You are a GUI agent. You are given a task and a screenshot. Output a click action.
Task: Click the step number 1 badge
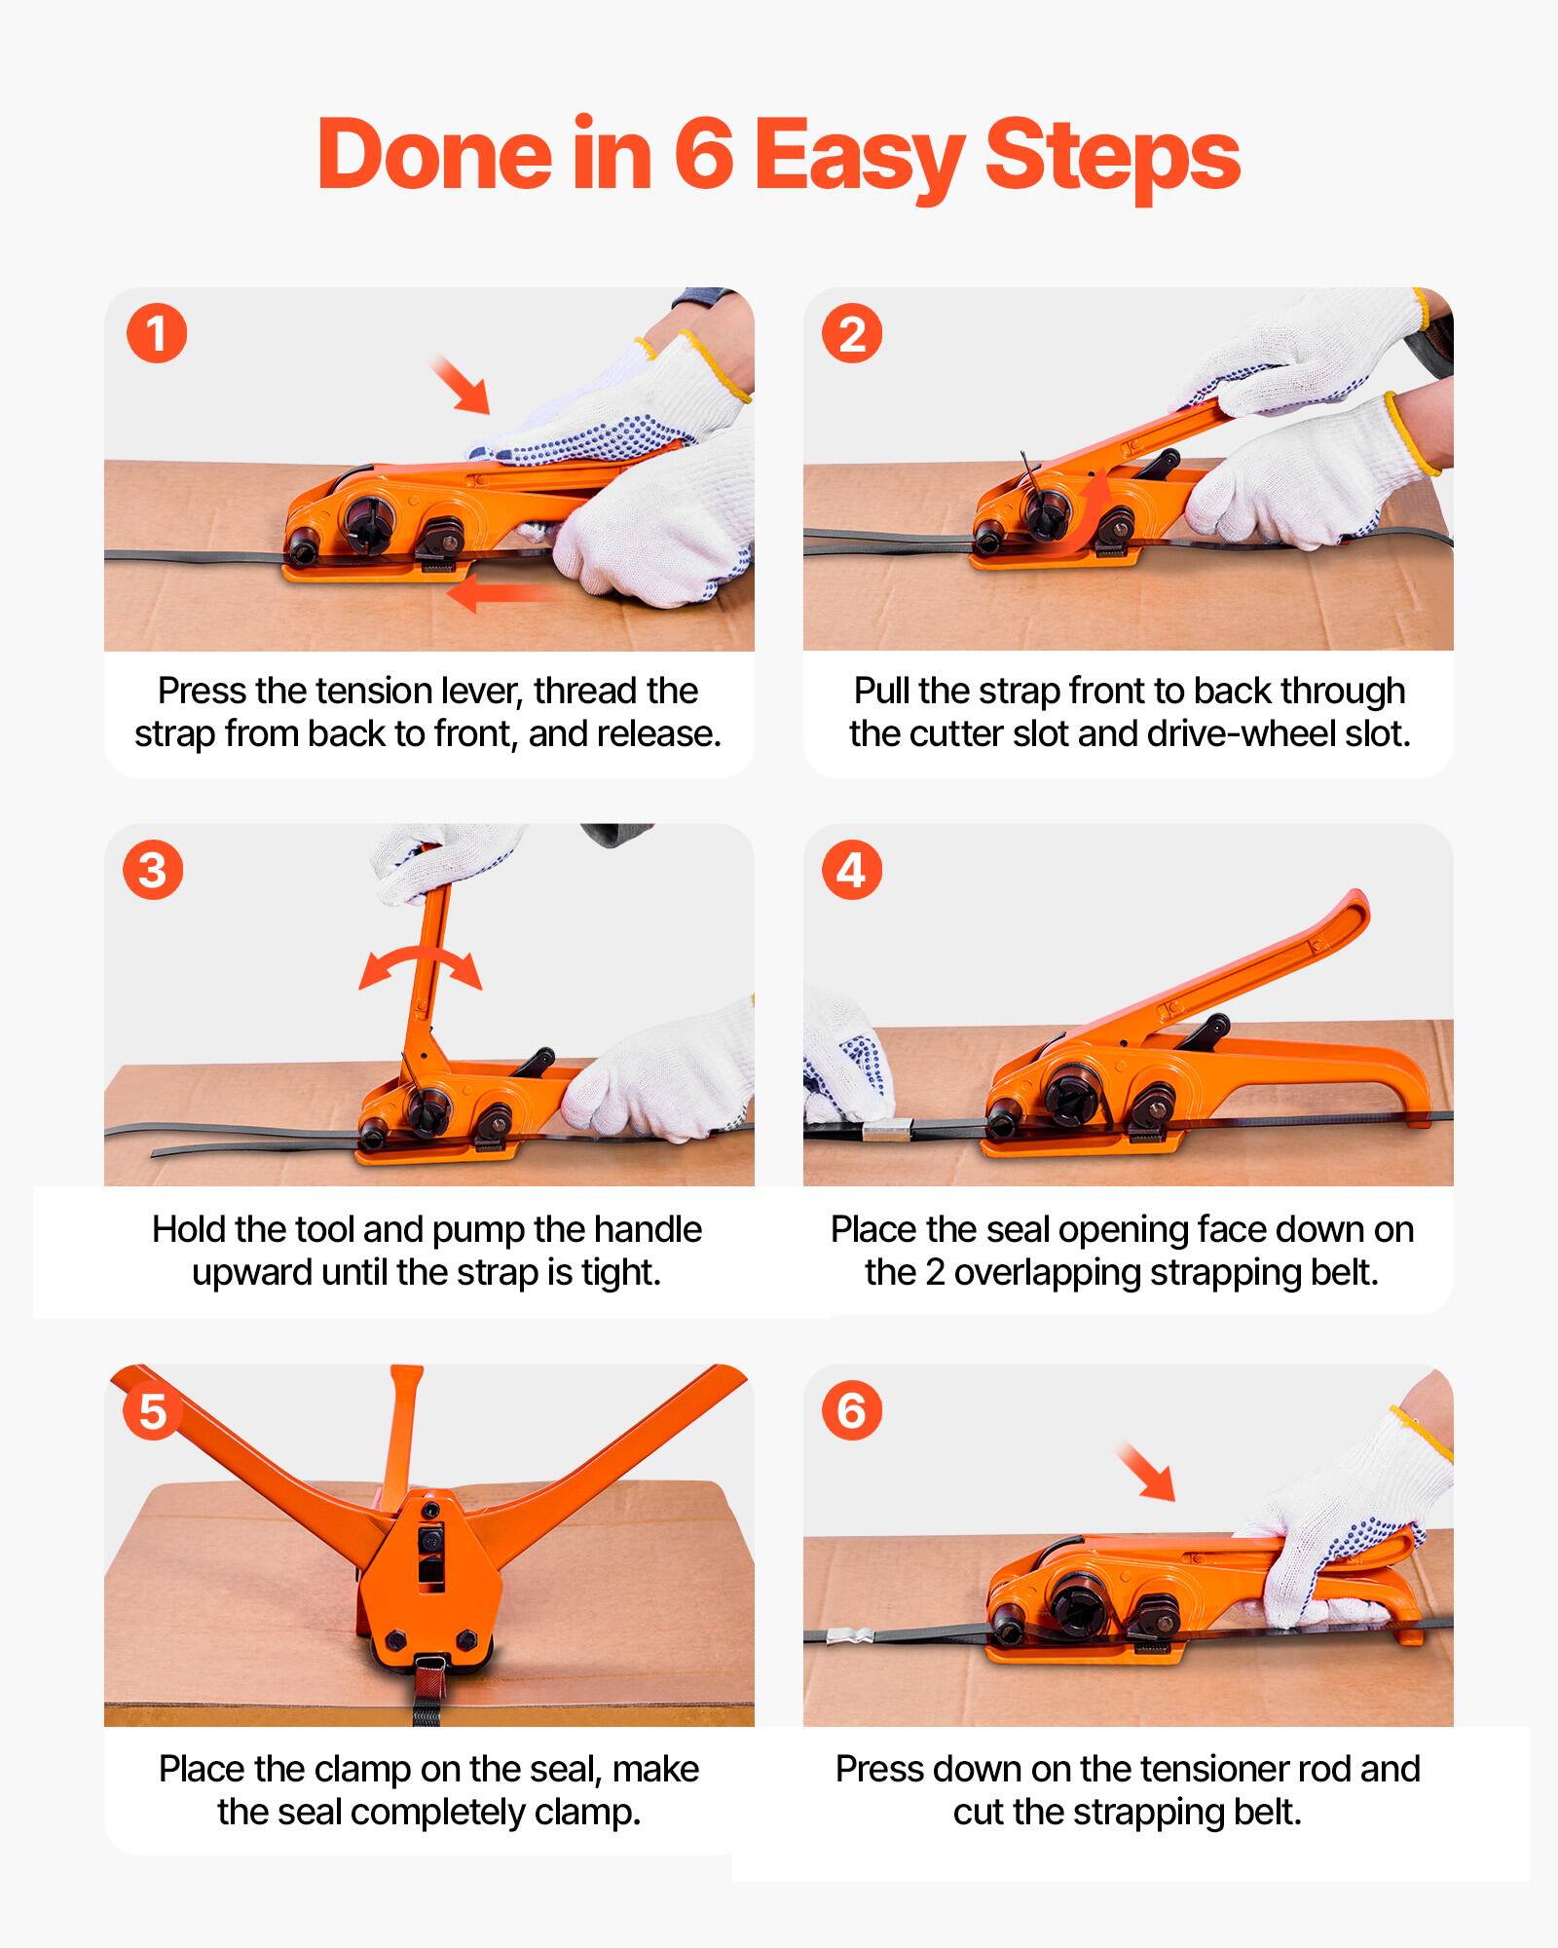156,334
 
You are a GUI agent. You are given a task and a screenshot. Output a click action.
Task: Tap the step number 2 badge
852,334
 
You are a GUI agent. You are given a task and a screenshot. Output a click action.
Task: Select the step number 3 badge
153,870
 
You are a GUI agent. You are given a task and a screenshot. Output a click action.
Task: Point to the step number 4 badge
852,870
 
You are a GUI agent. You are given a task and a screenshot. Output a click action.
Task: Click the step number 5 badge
153,1409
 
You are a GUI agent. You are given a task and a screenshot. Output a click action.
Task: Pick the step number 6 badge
852,1409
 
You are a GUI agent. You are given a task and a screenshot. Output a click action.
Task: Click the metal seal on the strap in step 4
884,1131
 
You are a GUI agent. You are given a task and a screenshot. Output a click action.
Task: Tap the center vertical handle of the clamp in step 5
402,1432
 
